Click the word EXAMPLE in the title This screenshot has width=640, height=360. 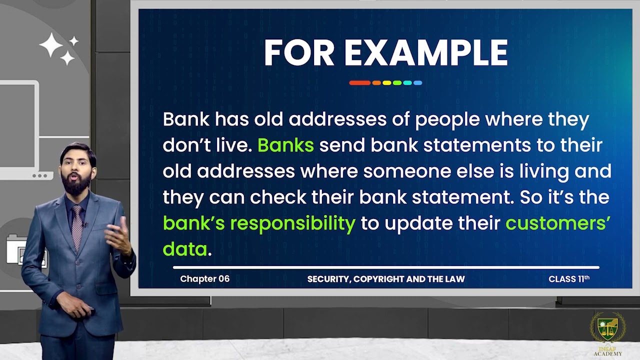click(x=426, y=53)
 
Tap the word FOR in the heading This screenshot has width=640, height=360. click(x=299, y=53)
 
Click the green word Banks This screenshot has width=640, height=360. click(x=285, y=145)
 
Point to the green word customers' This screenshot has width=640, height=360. click(x=557, y=223)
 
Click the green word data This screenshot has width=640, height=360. click(x=185, y=249)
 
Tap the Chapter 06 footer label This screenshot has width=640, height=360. click(x=205, y=279)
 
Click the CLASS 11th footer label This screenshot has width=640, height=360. click(x=569, y=279)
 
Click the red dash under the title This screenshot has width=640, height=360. click(x=359, y=83)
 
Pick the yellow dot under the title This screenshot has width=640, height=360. click(x=387, y=83)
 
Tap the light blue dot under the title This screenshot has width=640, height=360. click(x=417, y=83)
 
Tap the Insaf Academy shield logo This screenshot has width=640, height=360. click(x=607, y=329)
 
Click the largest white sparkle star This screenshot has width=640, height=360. click(x=51, y=45)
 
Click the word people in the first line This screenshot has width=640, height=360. click(x=447, y=120)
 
